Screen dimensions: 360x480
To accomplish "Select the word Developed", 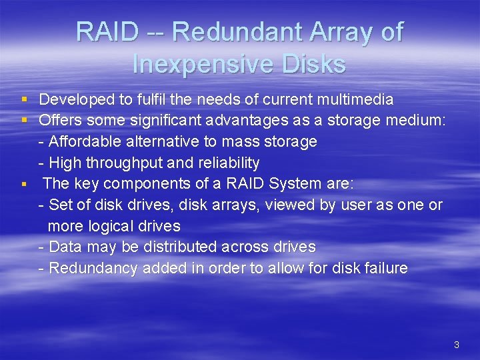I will click(x=77, y=100).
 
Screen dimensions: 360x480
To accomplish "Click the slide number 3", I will click(x=456, y=345).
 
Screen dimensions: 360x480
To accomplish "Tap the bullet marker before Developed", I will click(x=23, y=100).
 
